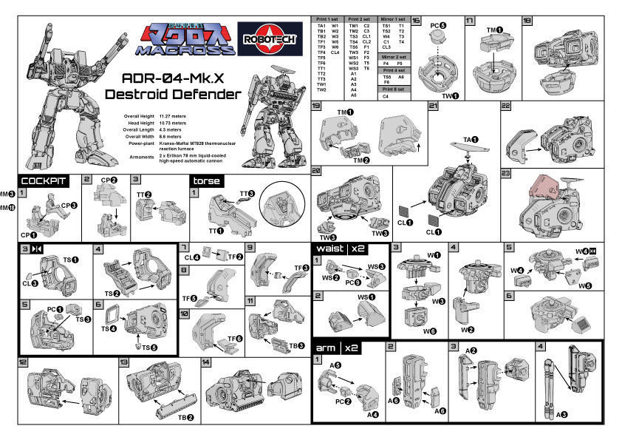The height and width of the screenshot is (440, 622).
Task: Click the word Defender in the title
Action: tap(204, 94)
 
